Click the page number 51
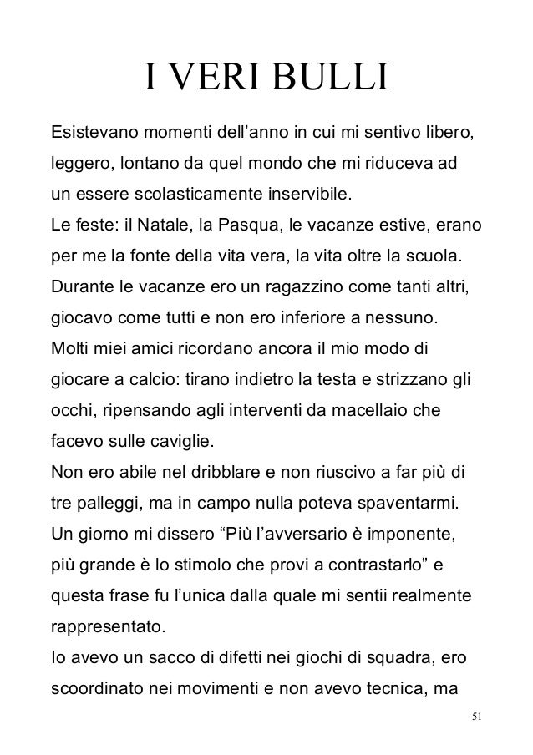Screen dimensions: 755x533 coord(477,717)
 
